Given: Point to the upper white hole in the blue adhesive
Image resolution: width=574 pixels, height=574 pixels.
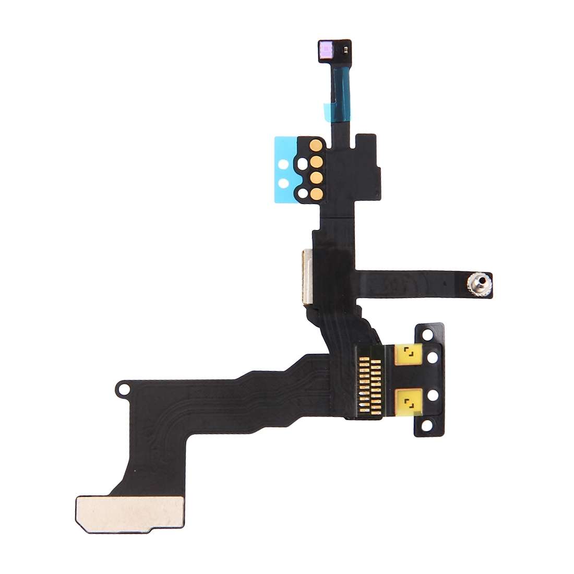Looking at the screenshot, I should (284, 163).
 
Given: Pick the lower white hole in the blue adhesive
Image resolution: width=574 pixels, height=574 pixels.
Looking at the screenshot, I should (284, 183).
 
